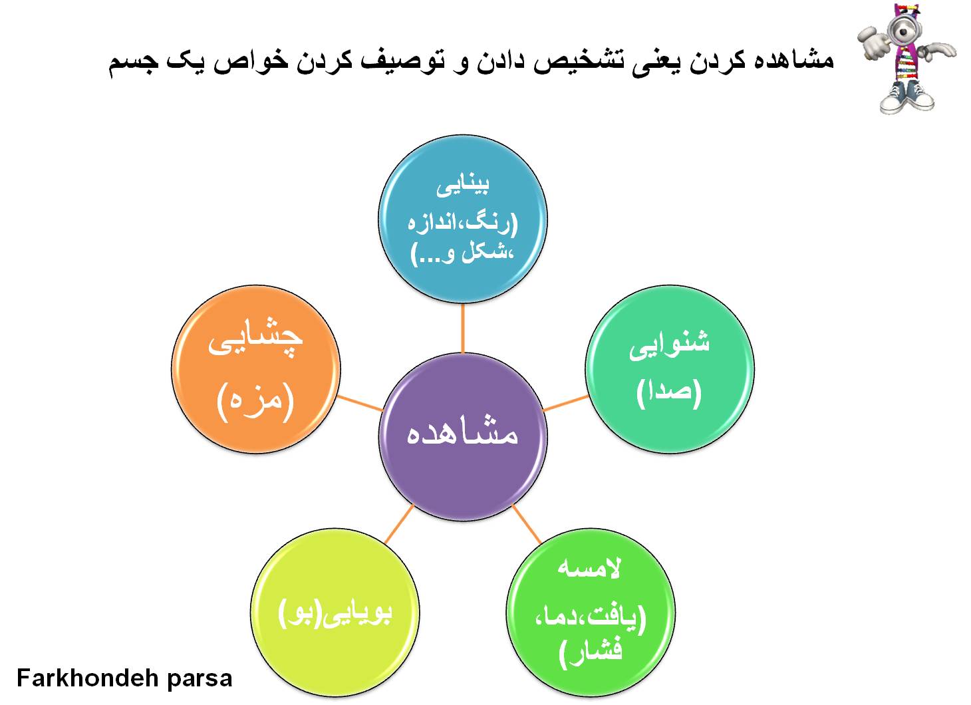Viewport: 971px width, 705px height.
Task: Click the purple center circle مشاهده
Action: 463,437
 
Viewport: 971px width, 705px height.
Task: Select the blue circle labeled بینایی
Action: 463,219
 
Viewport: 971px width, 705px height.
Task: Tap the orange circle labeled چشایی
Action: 256,369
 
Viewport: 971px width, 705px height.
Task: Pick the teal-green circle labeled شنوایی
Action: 670,369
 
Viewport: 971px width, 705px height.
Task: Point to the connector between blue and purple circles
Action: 463,328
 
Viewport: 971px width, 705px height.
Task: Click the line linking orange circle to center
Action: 360,403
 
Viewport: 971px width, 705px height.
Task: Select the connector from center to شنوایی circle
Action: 566,403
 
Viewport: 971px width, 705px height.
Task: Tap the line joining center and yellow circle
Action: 399,525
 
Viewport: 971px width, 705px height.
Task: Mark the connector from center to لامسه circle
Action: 527,525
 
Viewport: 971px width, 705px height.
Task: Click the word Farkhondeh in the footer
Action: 87,678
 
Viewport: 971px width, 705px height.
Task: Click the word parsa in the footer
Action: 200,680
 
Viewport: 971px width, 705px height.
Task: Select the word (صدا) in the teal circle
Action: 669,392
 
